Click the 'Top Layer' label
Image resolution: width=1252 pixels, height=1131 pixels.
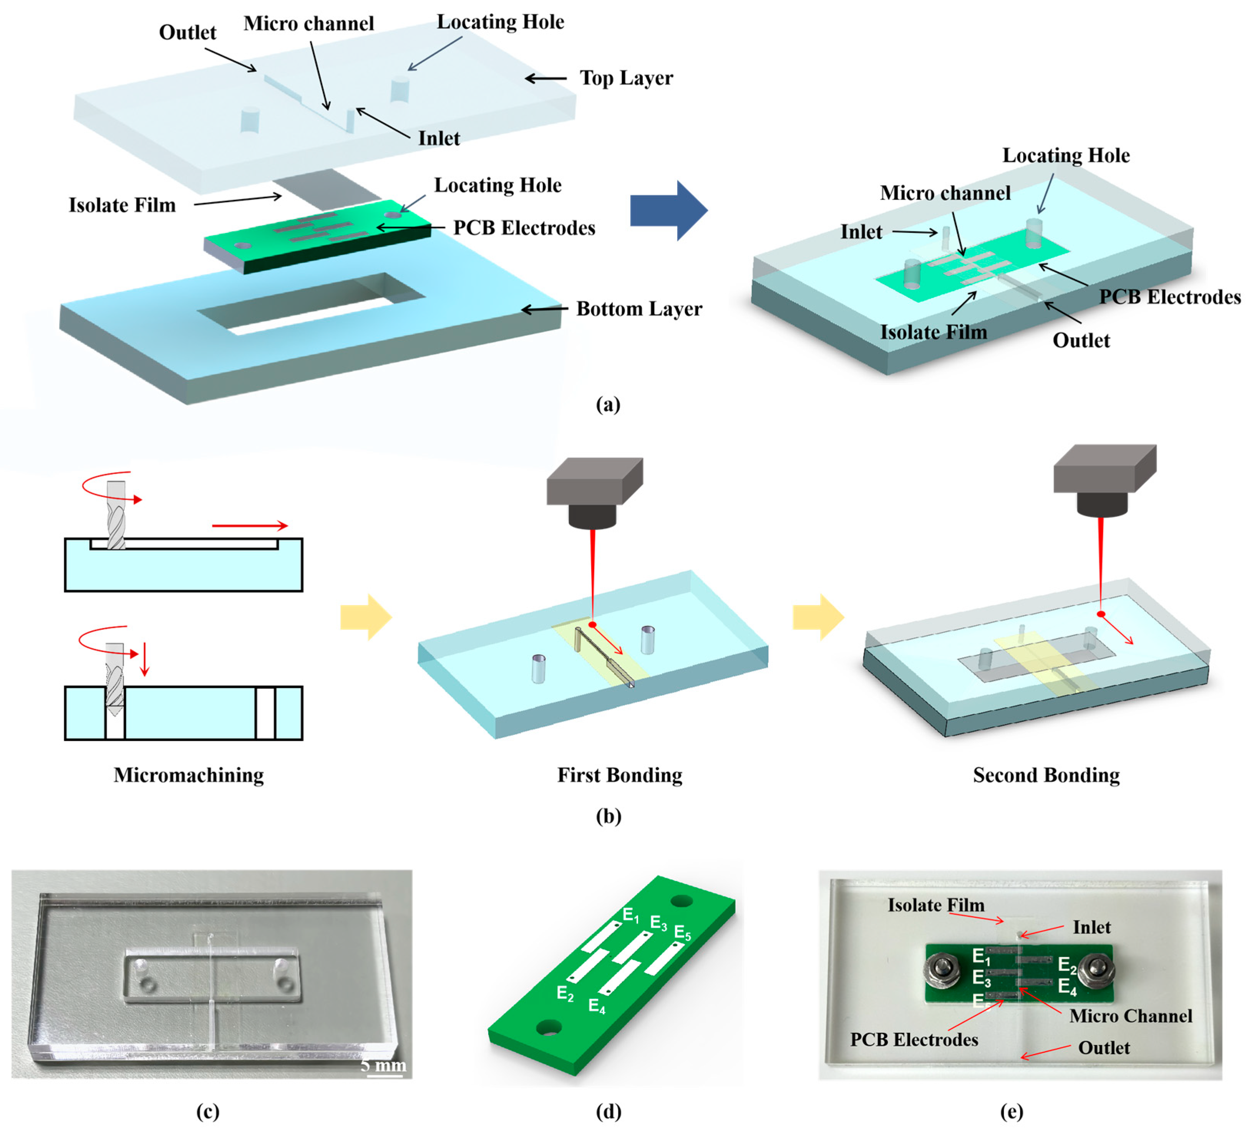click(626, 78)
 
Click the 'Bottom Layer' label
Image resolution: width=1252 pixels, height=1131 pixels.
click(638, 309)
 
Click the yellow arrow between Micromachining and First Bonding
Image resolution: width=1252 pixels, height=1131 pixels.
click(366, 617)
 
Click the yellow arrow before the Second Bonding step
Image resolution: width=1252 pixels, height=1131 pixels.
click(818, 617)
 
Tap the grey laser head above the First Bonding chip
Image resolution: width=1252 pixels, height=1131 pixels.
click(594, 490)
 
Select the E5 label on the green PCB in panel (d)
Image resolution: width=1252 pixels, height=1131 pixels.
click(682, 933)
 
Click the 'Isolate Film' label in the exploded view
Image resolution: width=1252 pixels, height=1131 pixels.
click(122, 205)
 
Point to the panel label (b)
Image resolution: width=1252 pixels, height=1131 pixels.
click(608, 816)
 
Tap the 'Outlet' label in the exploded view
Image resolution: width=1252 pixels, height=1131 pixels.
click(187, 32)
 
